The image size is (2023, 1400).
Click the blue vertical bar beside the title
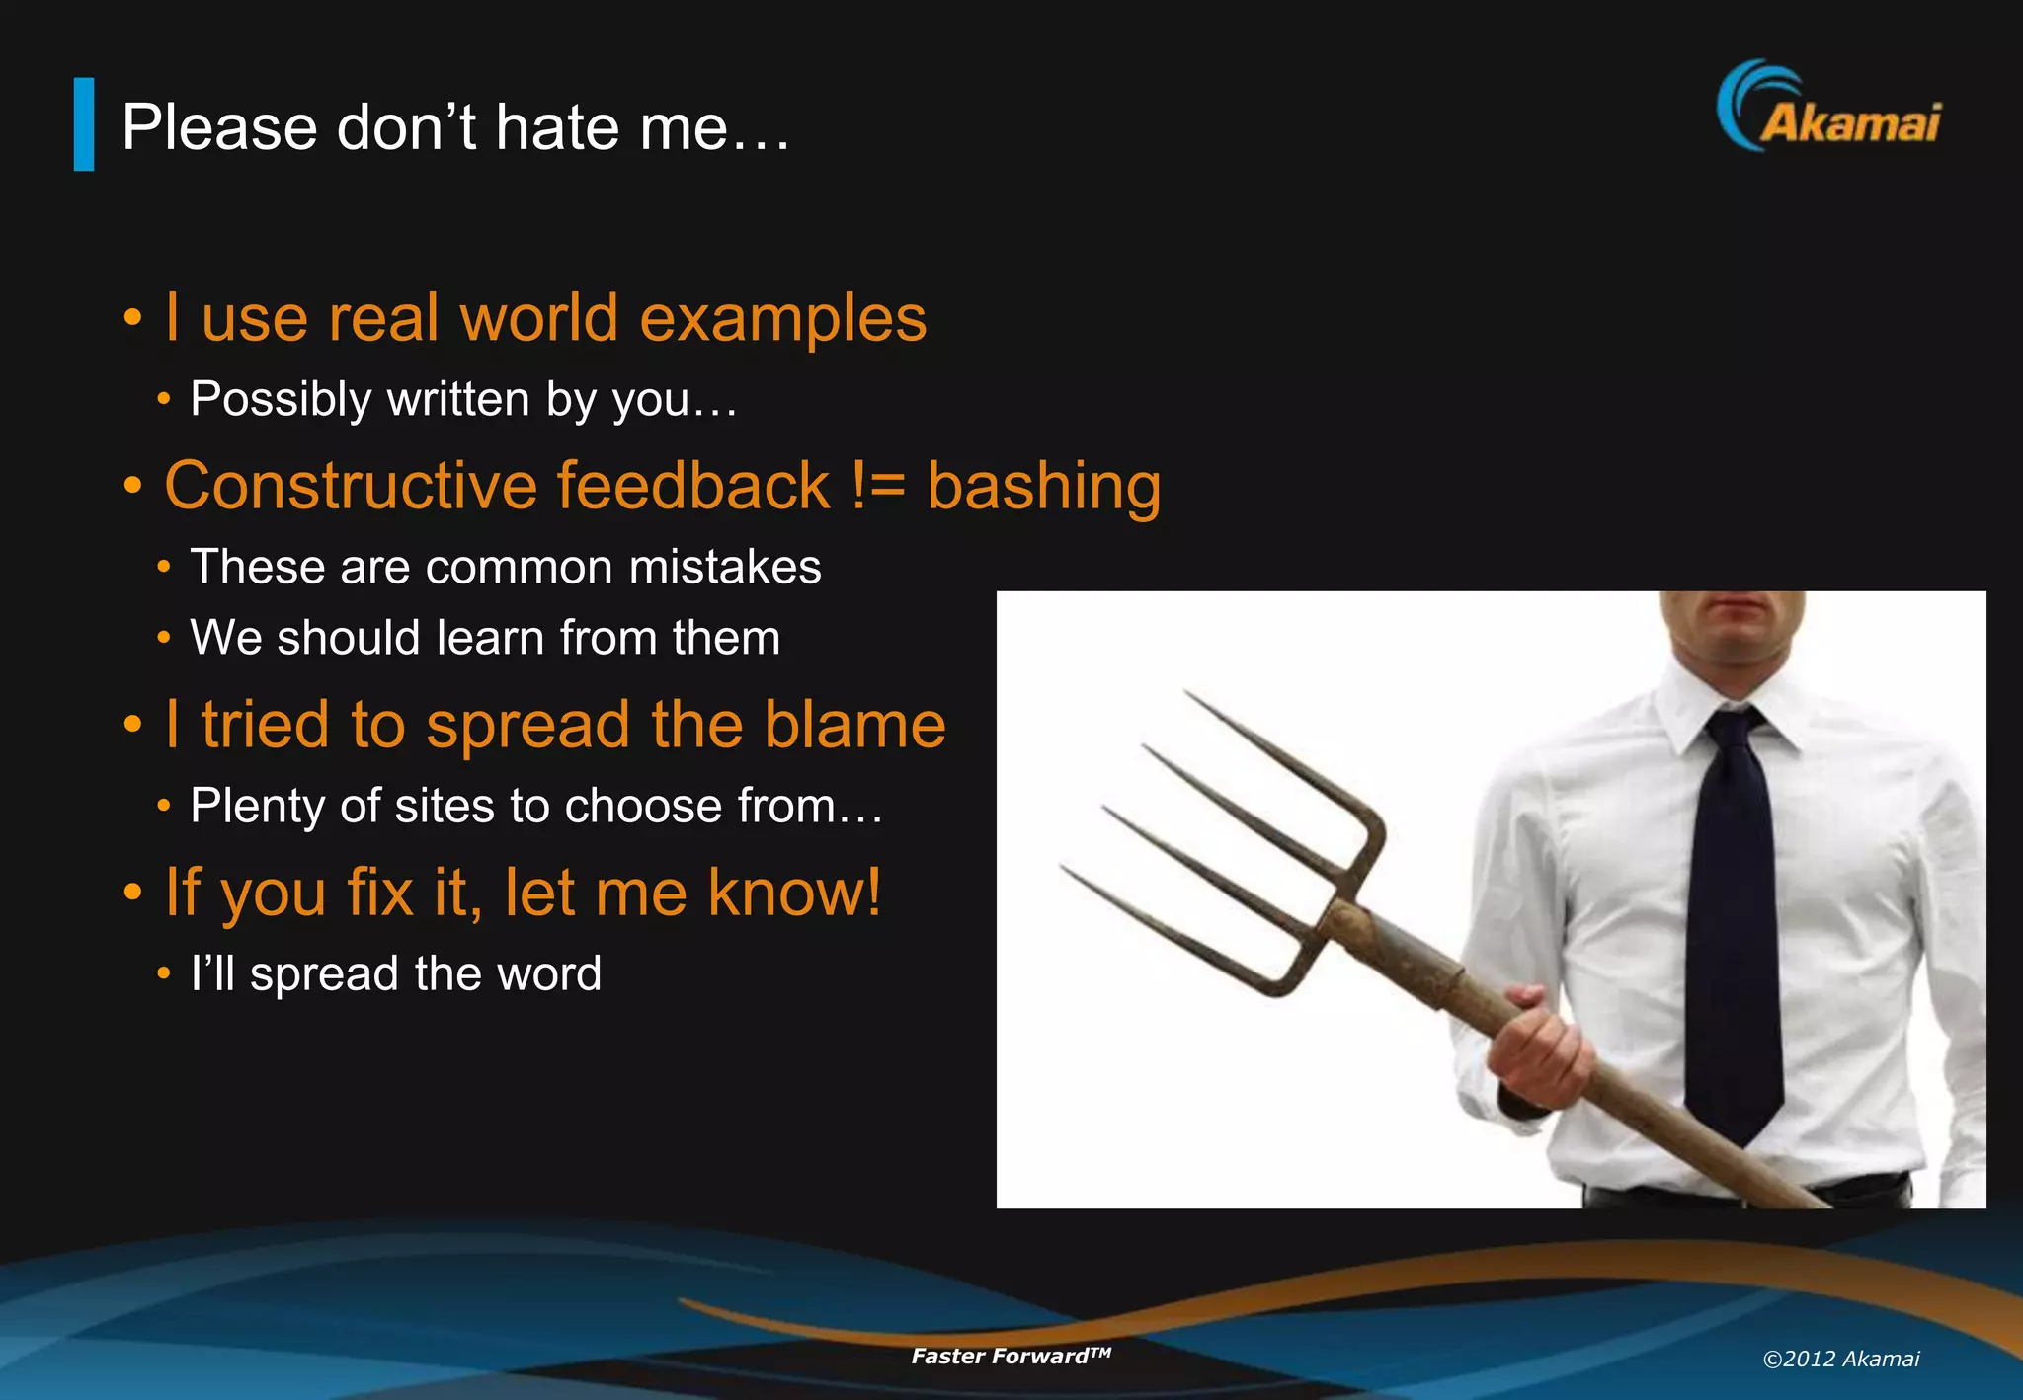click(84, 124)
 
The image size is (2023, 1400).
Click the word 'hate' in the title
click(557, 127)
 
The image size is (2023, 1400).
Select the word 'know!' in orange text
click(794, 893)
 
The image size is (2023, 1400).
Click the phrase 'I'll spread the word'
click(395, 973)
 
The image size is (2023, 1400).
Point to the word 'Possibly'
click(281, 400)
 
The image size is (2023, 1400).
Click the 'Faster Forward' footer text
click(1010, 1356)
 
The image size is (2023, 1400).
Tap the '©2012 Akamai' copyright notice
click(1840, 1360)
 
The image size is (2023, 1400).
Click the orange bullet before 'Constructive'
click(133, 486)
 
